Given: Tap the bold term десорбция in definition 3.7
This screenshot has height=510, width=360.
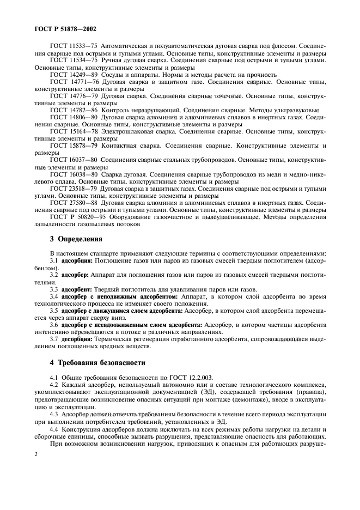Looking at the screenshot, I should (76, 338).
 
